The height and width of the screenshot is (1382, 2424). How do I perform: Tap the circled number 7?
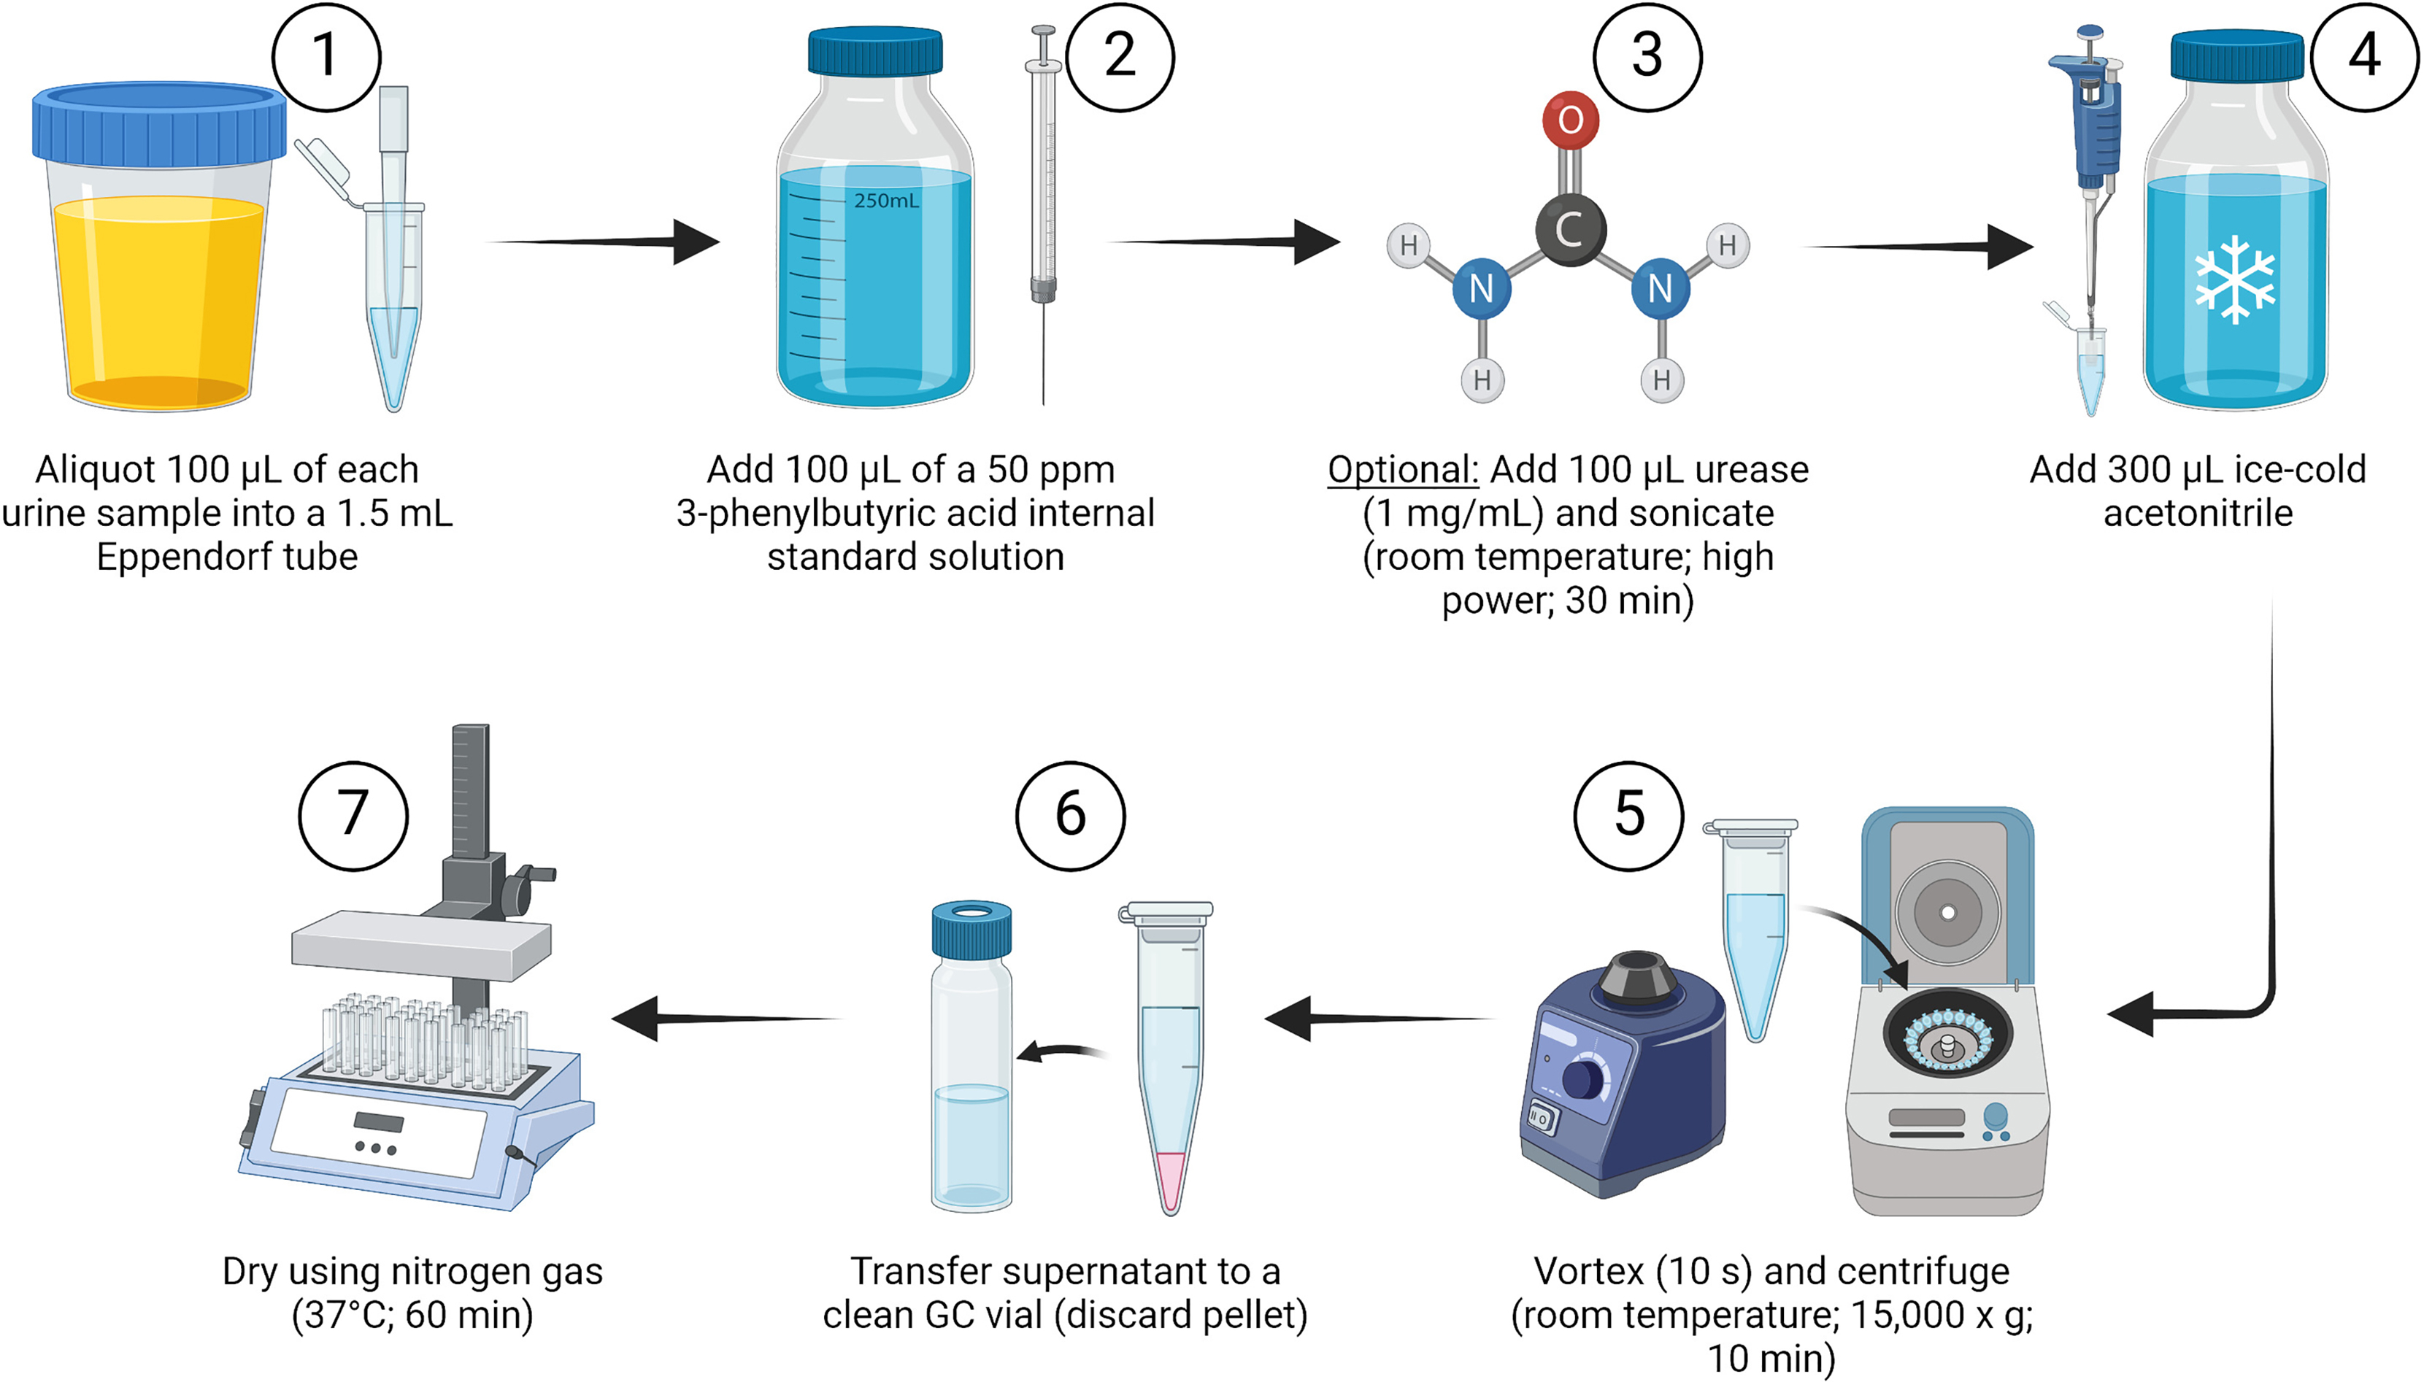353,814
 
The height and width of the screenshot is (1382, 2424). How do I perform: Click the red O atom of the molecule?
1571,120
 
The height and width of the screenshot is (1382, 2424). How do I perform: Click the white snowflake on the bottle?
2234,279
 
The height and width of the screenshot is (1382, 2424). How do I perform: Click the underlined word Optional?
1402,470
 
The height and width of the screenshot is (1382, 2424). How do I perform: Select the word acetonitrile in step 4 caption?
2197,514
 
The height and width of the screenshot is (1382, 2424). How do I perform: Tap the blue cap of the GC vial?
970,930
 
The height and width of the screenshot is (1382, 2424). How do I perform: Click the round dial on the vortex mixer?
1582,1079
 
